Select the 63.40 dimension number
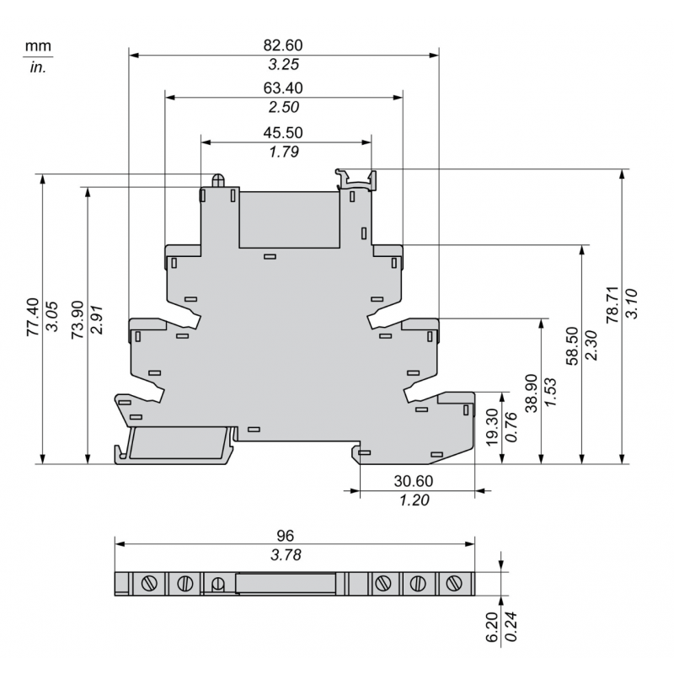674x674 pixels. click(283, 88)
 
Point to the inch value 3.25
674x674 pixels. click(283, 64)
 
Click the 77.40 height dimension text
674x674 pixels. click(31, 317)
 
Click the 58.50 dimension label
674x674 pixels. click(572, 346)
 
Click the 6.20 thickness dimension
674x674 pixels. click(492, 628)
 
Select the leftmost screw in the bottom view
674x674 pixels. click(152, 583)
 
